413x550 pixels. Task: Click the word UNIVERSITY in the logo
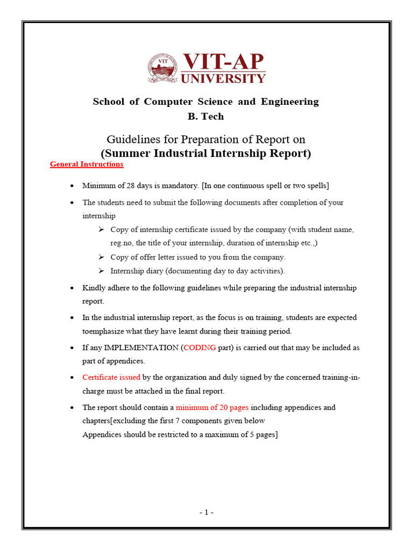click(x=223, y=78)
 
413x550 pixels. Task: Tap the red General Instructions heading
click(x=87, y=164)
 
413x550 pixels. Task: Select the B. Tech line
click(x=206, y=116)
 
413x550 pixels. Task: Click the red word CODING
click(x=200, y=348)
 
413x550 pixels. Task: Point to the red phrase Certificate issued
click(x=111, y=378)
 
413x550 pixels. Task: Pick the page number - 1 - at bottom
click(x=206, y=512)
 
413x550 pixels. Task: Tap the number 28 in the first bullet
click(x=132, y=185)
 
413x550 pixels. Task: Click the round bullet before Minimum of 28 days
click(x=72, y=186)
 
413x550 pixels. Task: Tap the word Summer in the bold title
click(x=127, y=153)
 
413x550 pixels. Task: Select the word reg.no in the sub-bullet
click(x=122, y=243)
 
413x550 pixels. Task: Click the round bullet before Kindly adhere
click(x=72, y=288)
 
